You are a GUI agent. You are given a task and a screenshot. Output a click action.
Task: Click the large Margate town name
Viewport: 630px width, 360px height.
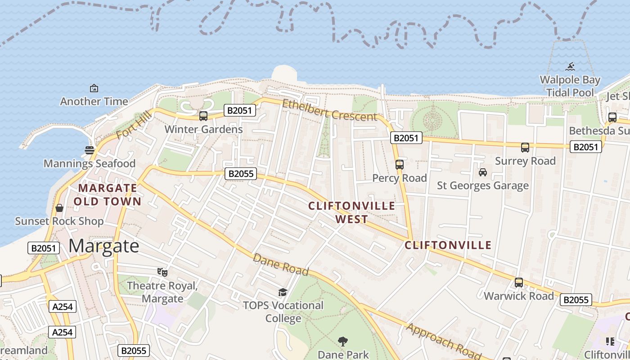[x=104, y=246]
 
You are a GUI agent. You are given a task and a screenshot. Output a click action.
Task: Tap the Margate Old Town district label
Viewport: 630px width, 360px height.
[x=108, y=194]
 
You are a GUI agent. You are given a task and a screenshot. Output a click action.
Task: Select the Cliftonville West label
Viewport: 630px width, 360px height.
[x=351, y=212]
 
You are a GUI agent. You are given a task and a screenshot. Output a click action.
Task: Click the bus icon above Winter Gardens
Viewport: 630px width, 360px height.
[x=203, y=116]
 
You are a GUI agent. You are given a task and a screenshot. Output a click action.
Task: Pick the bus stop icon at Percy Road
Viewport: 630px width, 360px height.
[x=400, y=165]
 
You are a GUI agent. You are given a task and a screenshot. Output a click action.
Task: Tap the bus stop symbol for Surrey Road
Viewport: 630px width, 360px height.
[x=525, y=148]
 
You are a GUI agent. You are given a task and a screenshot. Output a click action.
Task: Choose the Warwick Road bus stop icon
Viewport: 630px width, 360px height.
[x=519, y=283]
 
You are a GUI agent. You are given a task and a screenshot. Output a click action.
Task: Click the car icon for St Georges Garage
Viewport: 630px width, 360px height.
[x=483, y=172]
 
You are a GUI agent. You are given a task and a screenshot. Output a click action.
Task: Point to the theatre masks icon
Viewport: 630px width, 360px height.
[x=162, y=272]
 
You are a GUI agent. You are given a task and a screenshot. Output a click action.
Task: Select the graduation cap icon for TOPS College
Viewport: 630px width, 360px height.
[x=283, y=292]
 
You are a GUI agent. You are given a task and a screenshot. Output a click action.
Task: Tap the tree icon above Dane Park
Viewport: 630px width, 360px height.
[x=343, y=342]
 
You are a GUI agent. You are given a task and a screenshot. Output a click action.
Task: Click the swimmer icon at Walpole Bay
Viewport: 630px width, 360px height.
[x=571, y=67]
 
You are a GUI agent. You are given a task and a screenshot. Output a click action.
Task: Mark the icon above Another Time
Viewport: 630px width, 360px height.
[x=94, y=88]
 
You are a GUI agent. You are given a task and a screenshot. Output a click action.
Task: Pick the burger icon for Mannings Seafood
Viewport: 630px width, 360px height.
[x=90, y=150]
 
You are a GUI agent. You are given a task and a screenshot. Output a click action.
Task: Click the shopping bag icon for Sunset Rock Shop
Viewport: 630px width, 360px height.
[x=59, y=208]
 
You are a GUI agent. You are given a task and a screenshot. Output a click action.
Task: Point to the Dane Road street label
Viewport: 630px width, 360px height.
[x=281, y=265]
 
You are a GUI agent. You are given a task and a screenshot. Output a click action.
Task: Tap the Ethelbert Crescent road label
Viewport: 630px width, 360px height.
[x=329, y=111]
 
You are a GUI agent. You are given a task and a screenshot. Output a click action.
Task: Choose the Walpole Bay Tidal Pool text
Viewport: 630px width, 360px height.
[x=570, y=86]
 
